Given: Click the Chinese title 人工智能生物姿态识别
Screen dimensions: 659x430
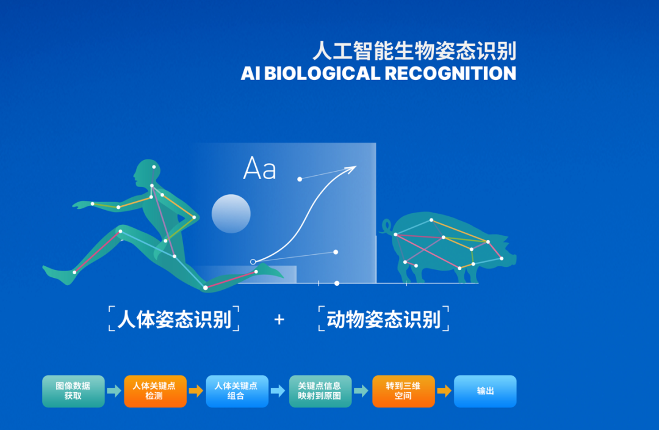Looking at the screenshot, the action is (x=414, y=51).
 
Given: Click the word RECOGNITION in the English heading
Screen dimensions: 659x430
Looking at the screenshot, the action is (x=450, y=73).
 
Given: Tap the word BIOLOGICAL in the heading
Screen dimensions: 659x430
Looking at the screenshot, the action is (x=322, y=73).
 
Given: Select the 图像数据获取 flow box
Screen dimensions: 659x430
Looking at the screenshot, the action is (x=73, y=391).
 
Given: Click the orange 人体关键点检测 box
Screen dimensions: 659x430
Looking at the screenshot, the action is (x=155, y=391).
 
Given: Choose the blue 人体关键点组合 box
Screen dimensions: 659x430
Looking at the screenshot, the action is (x=237, y=391).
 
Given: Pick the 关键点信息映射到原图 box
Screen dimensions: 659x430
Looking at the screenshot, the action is (x=320, y=391).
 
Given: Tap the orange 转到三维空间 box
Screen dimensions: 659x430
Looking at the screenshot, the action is (x=403, y=391).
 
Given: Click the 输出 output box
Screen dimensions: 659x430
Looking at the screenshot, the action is (x=485, y=391).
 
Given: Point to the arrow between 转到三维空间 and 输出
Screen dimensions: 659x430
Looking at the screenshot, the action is (x=444, y=391).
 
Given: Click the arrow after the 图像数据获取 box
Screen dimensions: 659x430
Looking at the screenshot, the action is (x=114, y=391).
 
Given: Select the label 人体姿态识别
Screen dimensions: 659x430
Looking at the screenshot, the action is (x=174, y=319).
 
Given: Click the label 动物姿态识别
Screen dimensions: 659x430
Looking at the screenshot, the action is (x=384, y=319).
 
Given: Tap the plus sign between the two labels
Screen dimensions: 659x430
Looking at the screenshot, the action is (x=279, y=320).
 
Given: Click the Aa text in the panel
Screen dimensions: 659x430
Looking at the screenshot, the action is (x=260, y=169).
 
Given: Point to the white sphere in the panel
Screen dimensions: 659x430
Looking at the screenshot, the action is (x=231, y=214).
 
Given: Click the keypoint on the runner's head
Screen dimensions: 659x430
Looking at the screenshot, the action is (x=154, y=167).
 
